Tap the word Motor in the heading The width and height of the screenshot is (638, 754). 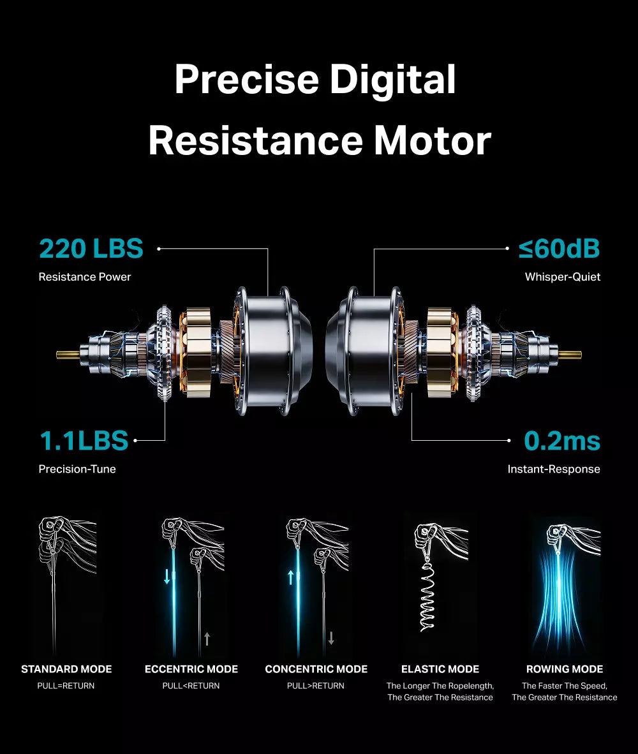pyautogui.click(x=432, y=141)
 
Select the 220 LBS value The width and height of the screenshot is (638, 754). pyautogui.click(x=91, y=249)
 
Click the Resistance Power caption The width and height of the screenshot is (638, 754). pyautogui.click(x=85, y=277)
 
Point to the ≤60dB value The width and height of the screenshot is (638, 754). pyautogui.click(x=559, y=249)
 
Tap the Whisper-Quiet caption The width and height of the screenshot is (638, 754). pyautogui.click(x=563, y=277)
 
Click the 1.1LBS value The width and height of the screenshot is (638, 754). pyautogui.click(x=84, y=441)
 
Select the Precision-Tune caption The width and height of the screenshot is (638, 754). pyautogui.click(x=77, y=469)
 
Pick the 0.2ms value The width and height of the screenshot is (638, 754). pyautogui.click(x=562, y=441)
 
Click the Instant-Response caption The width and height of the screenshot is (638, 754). pyautogui.click(x=554, y=469)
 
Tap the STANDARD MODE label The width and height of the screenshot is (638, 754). pyautogui.click(x=66, y=669)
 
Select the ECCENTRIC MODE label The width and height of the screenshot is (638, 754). pyautogui.click(x=191, y=669)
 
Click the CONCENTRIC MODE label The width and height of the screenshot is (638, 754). pyautogui.click(x=316, y=669)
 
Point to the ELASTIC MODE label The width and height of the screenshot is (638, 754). pyautogui.click(x=440, y=669)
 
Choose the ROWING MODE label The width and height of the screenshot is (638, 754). pyautogui.click(x=565, y=669)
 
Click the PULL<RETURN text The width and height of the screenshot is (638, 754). pyautogui.click(x=191, y=686)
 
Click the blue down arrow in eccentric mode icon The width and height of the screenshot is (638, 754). pyautogui.click(x=167, y=577)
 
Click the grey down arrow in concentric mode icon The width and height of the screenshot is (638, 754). pyautogui.click(x=331, y=639)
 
